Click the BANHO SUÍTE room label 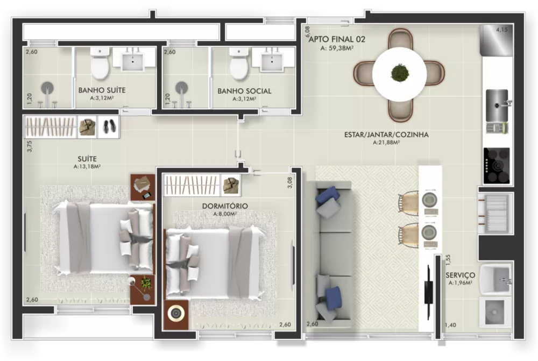coord(102,90)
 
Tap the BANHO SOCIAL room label coord(244,91)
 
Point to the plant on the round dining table coord(399,73)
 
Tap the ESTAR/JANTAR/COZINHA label coord(386,135)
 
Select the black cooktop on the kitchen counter coord(496,165)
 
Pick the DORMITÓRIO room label coord(225,206)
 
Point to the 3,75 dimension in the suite coord(30,147)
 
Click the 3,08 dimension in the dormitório coord(290,183)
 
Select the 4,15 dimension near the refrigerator coord(501,30)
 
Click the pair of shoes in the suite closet coord(109,126)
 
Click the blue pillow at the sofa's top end coord(327,195)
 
